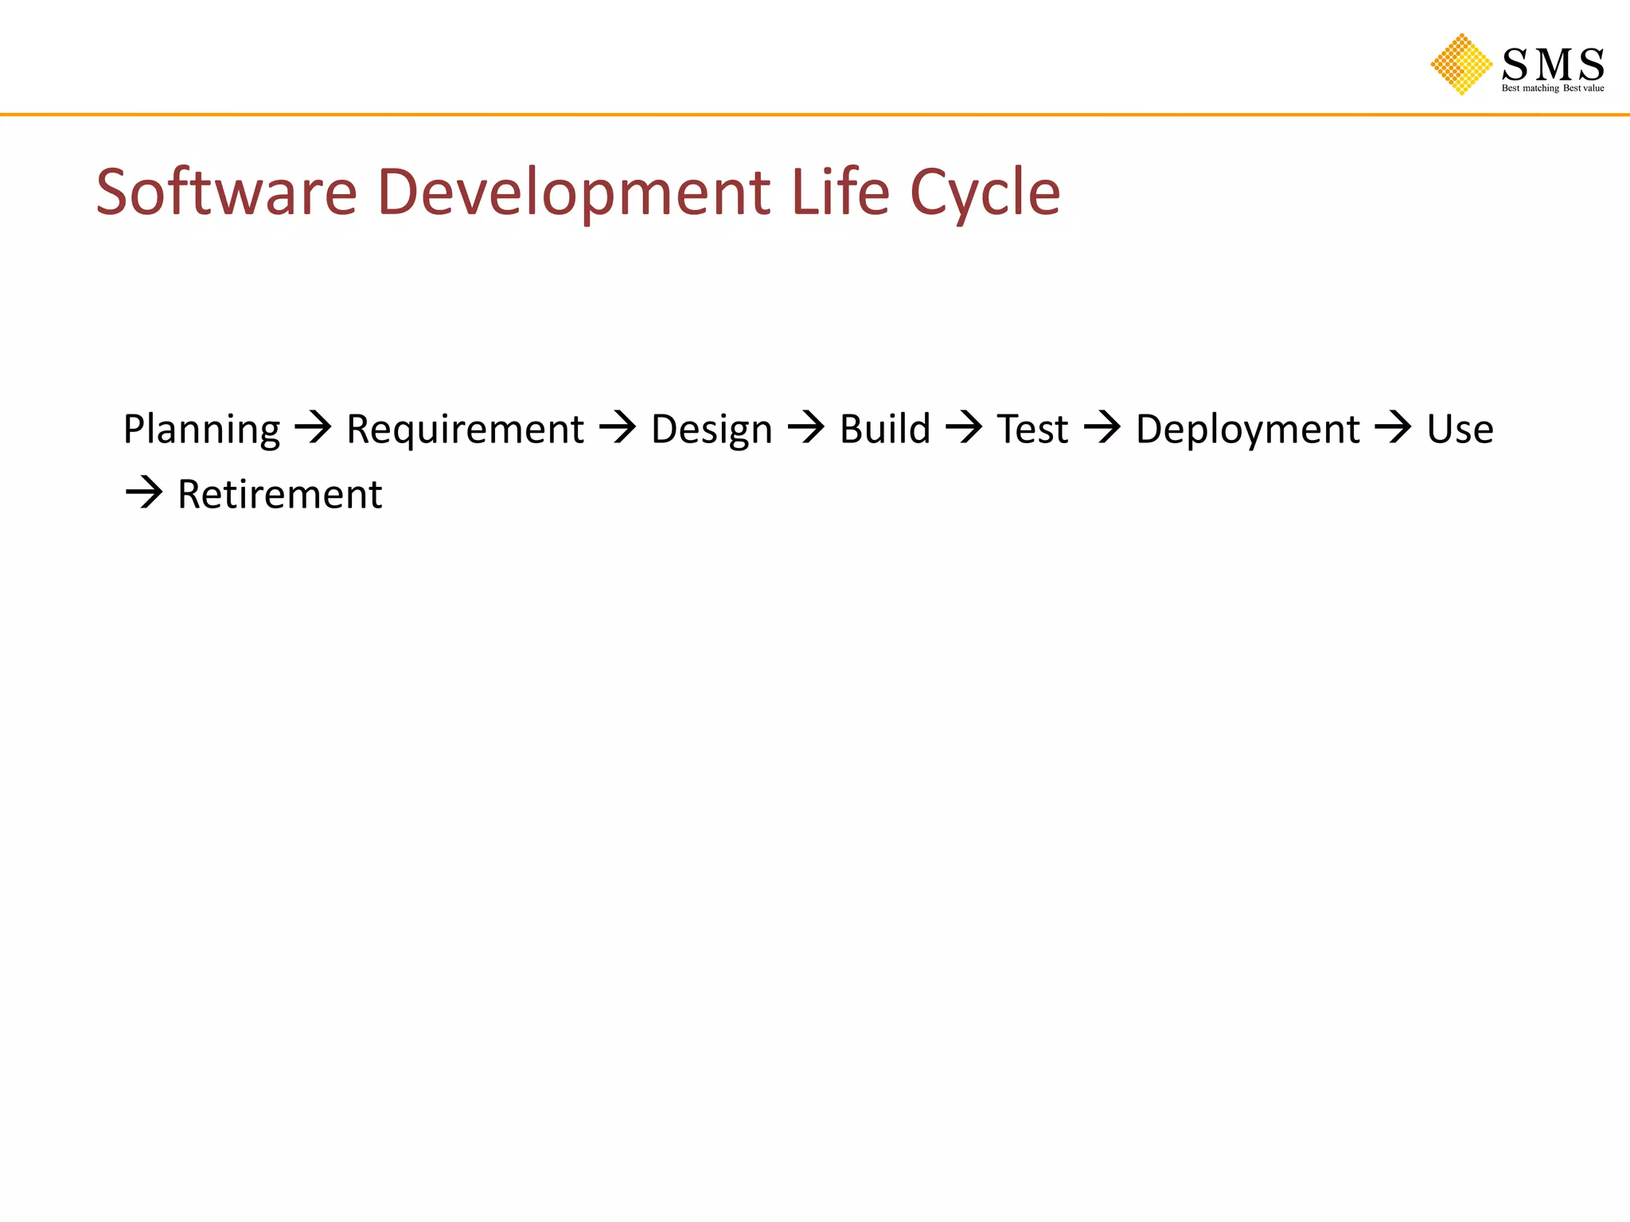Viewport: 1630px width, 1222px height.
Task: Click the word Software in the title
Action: click(x=227, y=193)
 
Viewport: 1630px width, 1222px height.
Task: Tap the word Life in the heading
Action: click(x=840, y=193)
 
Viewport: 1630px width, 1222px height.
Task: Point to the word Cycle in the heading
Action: click(x=985, y=193)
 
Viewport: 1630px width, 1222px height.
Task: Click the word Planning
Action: click(x=201, y=430)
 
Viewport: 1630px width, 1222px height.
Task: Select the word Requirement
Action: click(x=465, y=430)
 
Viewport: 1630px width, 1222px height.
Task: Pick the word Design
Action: click(x=712, y=430)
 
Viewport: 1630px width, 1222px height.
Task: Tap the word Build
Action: click(x=885, y=430)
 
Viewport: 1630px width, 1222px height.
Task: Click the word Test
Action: click(x=1032, y=430)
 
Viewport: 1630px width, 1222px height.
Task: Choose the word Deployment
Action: click(x=1247, y=430)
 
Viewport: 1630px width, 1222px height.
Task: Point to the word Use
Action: click(x=1460, y=430)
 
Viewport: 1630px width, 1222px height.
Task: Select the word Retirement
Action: click(x=279, y=495)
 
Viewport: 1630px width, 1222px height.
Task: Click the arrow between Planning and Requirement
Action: click(x=313, y=428)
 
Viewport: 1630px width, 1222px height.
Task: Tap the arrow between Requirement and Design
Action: click(x=618, y=428)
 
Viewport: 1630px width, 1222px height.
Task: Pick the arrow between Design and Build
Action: click(x=806, y=428)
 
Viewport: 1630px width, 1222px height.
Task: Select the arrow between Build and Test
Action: click(x=964, y=428)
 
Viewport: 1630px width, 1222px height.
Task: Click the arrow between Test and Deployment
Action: click(x=1102, y=428)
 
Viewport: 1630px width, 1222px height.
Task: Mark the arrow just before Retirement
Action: click(x=144, y=493)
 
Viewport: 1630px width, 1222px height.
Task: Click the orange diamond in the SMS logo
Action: click(x=1461, y=64)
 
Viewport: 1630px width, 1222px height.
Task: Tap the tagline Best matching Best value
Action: click(x=1552, y=88)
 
